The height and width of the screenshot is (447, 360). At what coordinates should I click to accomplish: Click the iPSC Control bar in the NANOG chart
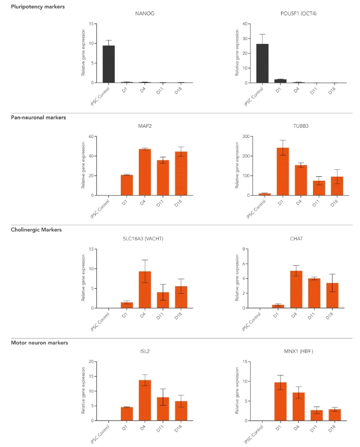[108, 64]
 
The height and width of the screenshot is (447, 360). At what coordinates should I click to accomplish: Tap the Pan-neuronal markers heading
[38, 117]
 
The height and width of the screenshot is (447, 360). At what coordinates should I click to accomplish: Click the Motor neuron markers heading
[39, 343]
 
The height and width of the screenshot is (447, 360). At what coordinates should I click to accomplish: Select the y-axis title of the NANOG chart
[83, 53]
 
